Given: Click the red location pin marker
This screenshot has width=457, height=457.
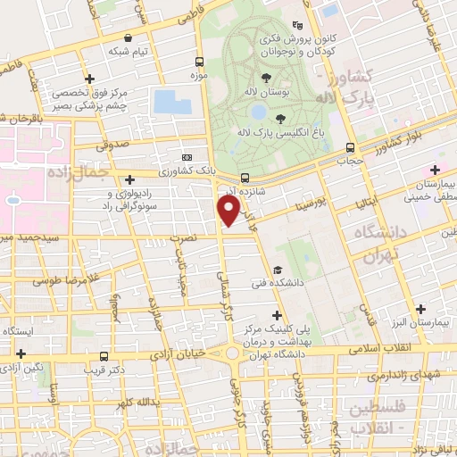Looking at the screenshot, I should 229,210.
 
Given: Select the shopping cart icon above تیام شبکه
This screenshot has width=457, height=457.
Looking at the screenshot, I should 131,38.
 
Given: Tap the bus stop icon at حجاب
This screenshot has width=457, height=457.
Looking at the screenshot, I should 350,148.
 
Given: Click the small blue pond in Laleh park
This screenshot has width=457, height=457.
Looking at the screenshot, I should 258,112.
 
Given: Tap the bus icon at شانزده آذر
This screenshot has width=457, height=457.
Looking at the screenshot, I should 245,177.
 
